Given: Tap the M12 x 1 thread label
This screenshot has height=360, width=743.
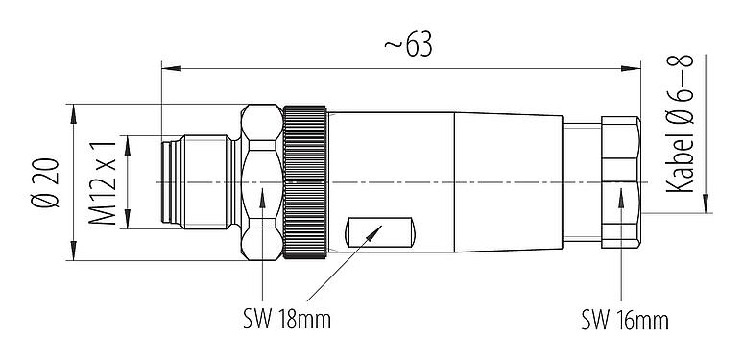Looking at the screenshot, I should point(108,181).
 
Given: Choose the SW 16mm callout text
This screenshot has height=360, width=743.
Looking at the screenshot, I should point(624,319).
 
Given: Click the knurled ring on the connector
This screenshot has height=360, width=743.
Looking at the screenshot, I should point(306,181).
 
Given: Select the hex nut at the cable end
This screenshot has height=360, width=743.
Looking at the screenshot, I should point(621,181).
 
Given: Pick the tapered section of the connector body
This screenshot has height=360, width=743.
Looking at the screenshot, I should point(509,181).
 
